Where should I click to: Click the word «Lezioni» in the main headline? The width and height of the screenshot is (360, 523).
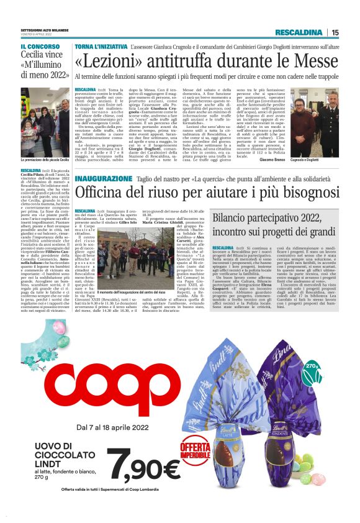click(110, 61)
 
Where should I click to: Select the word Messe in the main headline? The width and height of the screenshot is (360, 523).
click(308, 61)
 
